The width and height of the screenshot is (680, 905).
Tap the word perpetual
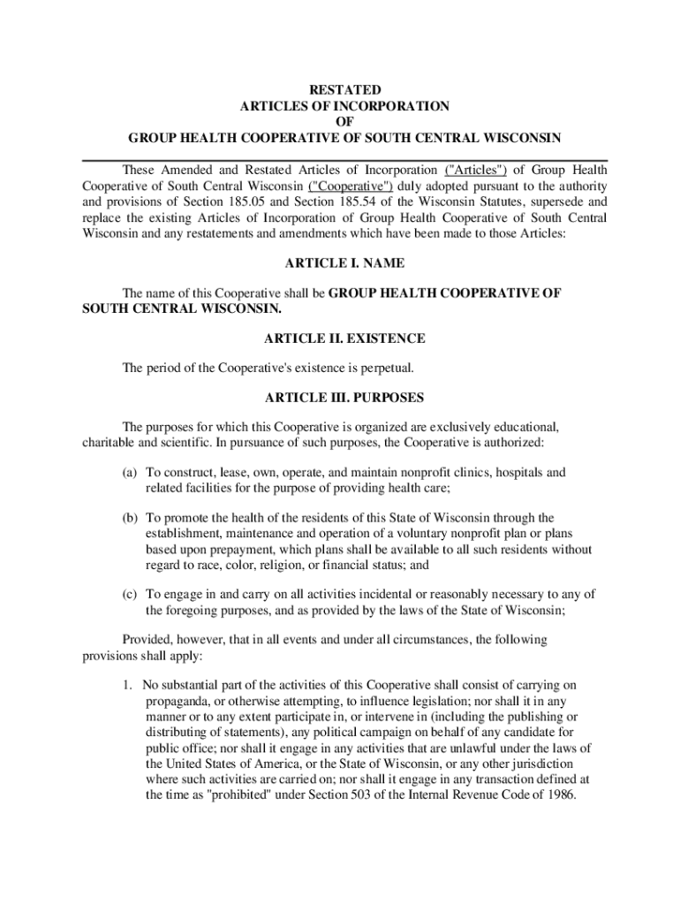pos(384,367)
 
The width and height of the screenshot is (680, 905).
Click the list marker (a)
pos(131,473)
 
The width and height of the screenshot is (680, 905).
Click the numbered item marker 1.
pos(128,685)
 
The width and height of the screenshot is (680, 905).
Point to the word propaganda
pos(177,701)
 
